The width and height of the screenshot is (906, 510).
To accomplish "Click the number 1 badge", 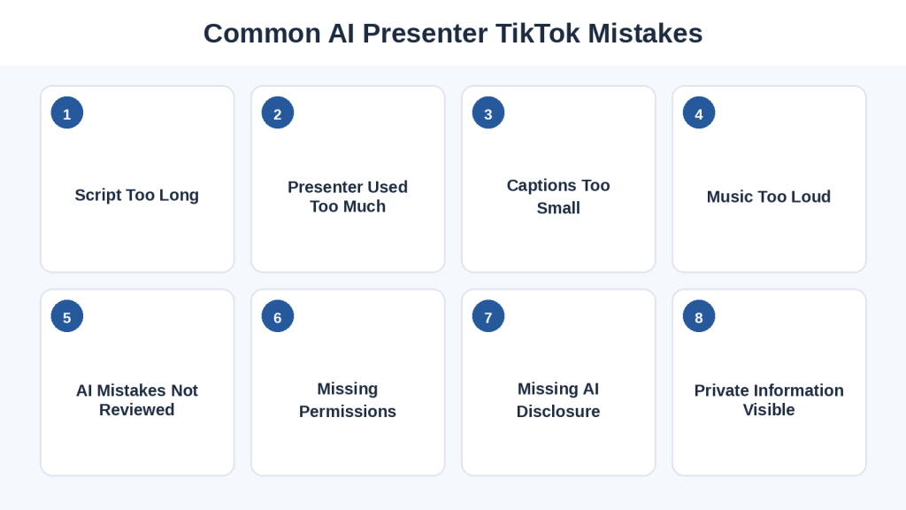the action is pos(67,112).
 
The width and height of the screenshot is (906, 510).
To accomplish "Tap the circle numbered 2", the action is pos(278,112).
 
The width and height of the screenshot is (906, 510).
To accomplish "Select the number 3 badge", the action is pos(488,112).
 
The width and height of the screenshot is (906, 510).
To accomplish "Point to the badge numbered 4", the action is pos(699,112).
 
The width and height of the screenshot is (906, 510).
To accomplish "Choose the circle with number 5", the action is pos(67,316).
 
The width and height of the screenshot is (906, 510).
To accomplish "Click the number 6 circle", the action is pos(278,316).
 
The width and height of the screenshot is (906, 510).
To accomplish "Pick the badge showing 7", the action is pos(488,316).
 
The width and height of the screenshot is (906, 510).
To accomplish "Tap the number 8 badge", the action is pos(699,316).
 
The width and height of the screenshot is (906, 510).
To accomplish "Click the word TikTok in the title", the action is pos(538,33).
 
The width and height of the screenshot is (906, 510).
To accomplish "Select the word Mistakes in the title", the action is pos(645,33).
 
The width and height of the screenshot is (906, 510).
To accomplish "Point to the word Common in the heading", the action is pos(262,33).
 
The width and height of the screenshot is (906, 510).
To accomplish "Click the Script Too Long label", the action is pos(137,196).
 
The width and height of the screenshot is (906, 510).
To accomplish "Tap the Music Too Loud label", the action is pos(769,197).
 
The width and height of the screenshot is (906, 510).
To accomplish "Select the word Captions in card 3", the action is pos(541,186).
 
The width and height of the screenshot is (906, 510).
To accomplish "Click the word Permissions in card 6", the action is pos(348,411).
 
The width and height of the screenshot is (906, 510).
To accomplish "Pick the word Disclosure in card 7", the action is pos(558,411).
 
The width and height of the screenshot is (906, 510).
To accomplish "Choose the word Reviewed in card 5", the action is pos(137,409).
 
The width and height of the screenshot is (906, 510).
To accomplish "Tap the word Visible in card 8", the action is pos(769,409).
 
